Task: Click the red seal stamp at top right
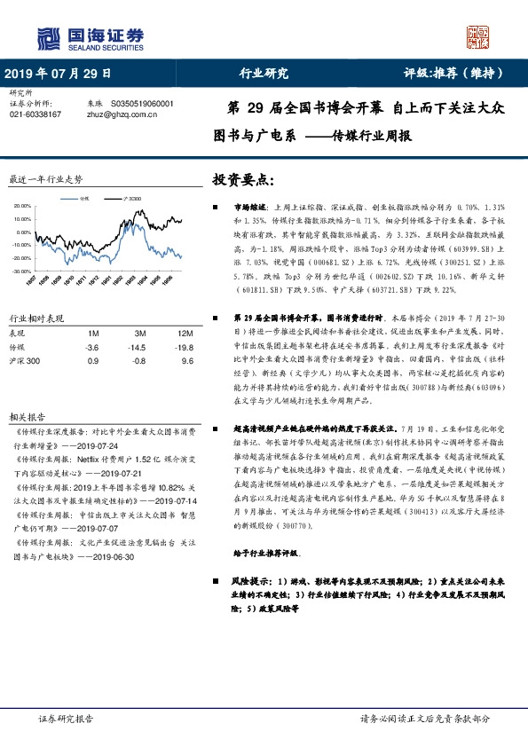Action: (479, 36)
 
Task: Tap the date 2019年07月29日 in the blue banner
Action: (59, 75)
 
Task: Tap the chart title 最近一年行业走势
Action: (45, 179)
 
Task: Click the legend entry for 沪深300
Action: (135, 199)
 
